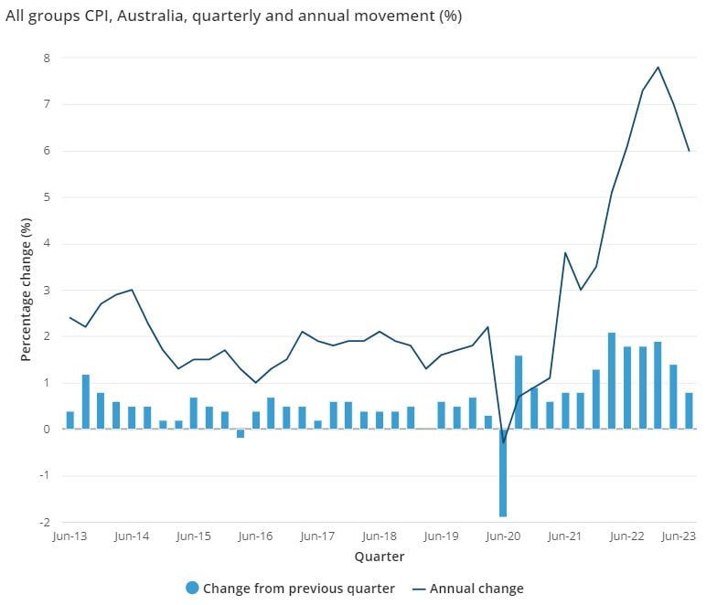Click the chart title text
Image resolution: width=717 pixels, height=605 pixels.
[x=233, y=16]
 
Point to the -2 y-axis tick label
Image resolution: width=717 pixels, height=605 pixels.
[x=43, y=523]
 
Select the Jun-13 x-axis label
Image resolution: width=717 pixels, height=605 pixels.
[x=70, y=537]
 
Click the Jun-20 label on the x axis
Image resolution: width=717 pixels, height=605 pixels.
[x=503, y=537]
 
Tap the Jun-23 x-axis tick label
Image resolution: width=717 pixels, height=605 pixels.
[x=678, y=537]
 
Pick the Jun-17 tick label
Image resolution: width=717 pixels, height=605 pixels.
[x=317, y=537]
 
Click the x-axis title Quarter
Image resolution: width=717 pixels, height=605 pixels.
[x=379, y=556]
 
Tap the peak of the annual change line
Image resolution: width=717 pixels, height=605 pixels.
[x=658, y=67]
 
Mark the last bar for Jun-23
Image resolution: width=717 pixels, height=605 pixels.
[x=689, y=410]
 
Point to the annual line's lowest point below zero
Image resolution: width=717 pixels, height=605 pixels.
[x=503, y=442]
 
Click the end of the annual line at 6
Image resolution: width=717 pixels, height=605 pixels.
[x=689, y=151]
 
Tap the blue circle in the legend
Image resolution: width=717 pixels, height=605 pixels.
[x=192, y=589]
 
